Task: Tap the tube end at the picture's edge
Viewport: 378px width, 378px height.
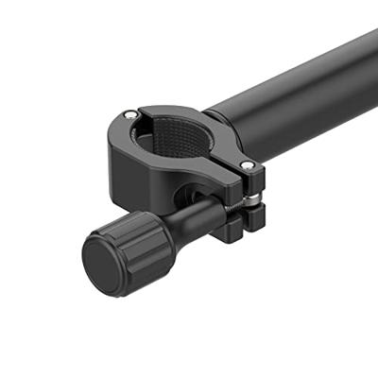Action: pos(371,57)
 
